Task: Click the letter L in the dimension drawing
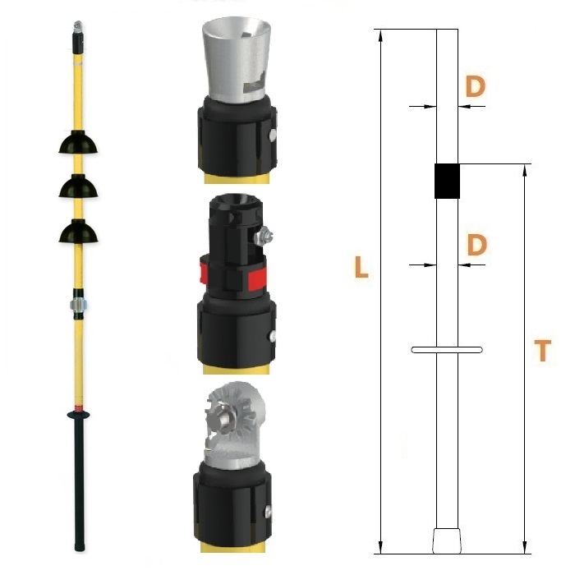[361, 267]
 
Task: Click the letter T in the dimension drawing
[543, 350]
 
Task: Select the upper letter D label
[476, 86]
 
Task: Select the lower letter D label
[476, 245]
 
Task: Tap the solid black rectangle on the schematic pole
[447, 182]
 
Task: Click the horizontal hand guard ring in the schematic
[447, 350]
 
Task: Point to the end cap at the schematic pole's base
[446, 540]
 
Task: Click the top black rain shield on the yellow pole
[78, 142]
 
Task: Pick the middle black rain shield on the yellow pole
[78, 186]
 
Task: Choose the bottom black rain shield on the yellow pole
[78, 231]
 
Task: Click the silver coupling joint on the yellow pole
[78, 305]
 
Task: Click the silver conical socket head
[237, 58]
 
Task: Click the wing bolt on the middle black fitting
[264, 236]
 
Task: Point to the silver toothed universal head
[236, 425]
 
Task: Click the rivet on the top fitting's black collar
[274, 135]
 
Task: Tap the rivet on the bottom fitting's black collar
[269, 512]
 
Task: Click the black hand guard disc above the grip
[79, 415]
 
